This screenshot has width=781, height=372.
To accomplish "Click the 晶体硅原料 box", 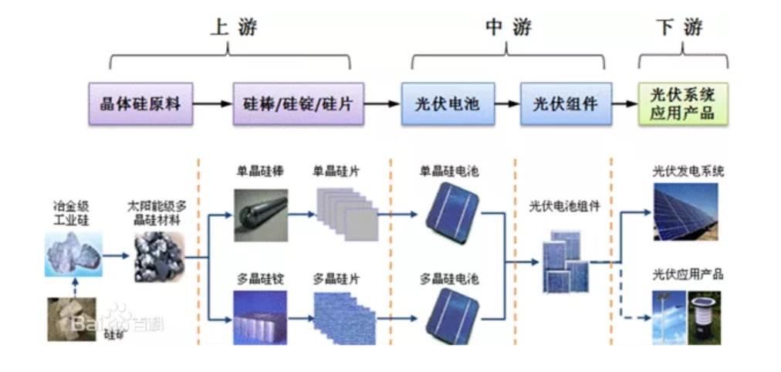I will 140,103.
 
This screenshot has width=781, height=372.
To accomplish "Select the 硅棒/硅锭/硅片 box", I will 297,103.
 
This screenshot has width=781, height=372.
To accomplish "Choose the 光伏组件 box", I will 566,103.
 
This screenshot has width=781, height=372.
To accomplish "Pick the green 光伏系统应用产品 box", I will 683,103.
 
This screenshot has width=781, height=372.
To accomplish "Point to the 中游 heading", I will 508,28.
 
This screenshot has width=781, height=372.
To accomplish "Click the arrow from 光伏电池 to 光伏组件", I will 507,103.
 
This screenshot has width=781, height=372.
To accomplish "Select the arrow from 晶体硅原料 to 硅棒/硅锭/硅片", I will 212,103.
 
